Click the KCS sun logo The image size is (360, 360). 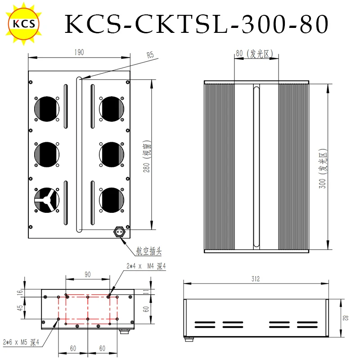coord(24,23)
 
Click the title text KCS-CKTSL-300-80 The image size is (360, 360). coord(197,24)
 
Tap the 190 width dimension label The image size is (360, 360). coord(79,52)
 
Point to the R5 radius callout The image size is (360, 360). coord(150,55)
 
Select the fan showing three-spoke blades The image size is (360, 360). coord(47,200)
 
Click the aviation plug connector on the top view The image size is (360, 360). coord(119,232)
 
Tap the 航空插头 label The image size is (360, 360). coord(149,251)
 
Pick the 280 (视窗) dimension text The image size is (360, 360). coord(147,156)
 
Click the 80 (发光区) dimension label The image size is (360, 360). coord(254,54)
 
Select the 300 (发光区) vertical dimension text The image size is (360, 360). coord(323,169)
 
